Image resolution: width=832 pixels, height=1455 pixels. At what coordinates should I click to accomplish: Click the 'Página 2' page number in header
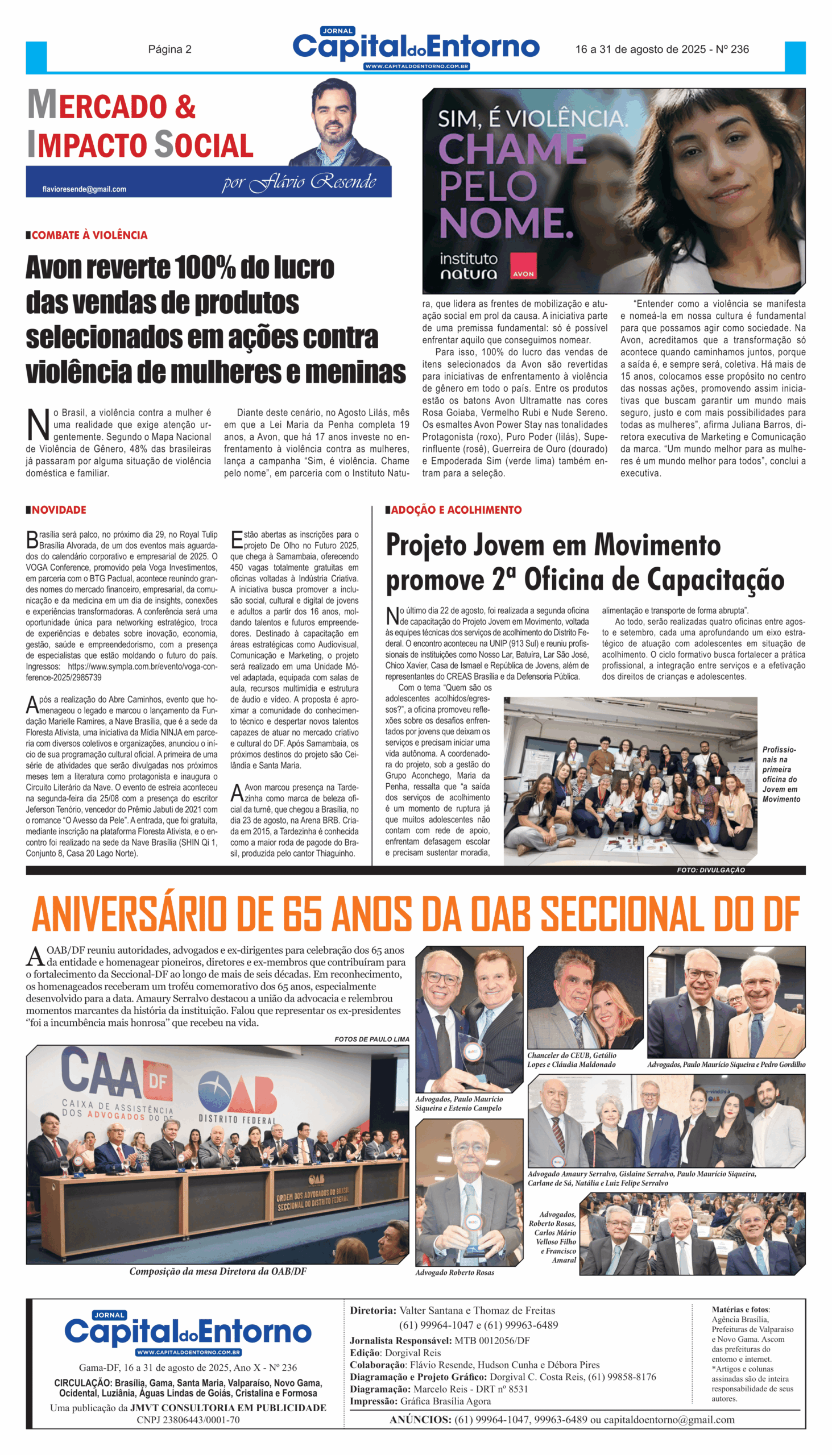169,49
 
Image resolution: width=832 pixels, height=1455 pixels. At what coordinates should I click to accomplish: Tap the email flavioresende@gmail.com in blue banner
84,189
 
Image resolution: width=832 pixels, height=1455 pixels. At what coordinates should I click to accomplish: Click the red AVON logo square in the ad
523,266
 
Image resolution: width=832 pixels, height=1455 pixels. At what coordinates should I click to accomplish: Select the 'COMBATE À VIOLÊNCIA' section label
89,235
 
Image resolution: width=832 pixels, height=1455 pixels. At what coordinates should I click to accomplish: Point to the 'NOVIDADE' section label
59,510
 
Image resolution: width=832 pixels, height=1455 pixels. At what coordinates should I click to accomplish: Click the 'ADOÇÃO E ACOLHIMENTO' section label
456,510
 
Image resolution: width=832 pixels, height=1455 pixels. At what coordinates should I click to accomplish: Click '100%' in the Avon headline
205,268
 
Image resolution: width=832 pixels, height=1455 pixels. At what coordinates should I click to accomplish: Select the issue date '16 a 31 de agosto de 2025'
640,49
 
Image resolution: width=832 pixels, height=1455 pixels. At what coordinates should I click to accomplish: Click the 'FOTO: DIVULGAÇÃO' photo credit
711,870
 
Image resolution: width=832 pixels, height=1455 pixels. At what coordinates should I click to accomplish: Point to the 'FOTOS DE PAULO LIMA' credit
371,1040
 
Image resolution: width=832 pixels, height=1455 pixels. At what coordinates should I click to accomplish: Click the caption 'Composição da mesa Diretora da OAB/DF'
218,1271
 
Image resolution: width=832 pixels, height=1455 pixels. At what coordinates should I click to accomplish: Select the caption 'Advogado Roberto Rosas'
454,1272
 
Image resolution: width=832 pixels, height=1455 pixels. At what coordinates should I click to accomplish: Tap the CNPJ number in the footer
188,1420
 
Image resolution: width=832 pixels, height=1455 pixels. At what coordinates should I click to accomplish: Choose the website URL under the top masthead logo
417,67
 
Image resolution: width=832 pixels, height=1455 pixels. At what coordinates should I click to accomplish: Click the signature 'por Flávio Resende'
299,182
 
